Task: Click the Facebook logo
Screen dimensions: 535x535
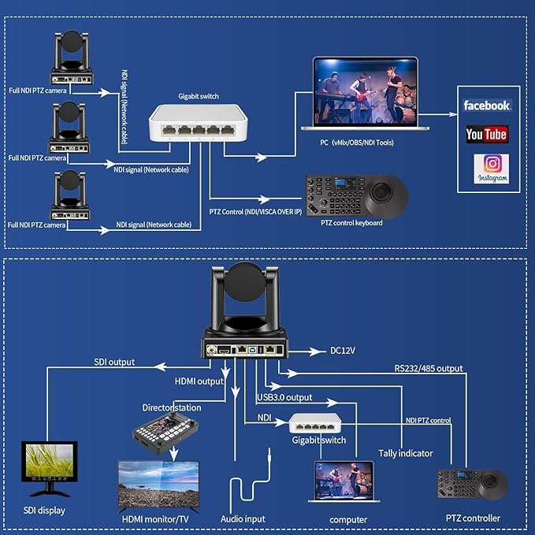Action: click(486, 105)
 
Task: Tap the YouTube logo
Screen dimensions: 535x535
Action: click(486, 134)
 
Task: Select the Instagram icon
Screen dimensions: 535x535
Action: click(492, 168)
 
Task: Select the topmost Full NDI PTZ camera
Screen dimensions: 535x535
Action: click(72, 58)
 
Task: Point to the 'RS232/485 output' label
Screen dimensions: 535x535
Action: click(429, 368)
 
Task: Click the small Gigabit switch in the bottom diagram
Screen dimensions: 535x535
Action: click(314, 425)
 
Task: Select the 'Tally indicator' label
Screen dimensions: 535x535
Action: click(404, 453)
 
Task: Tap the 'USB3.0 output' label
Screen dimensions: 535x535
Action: click(284, 397)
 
